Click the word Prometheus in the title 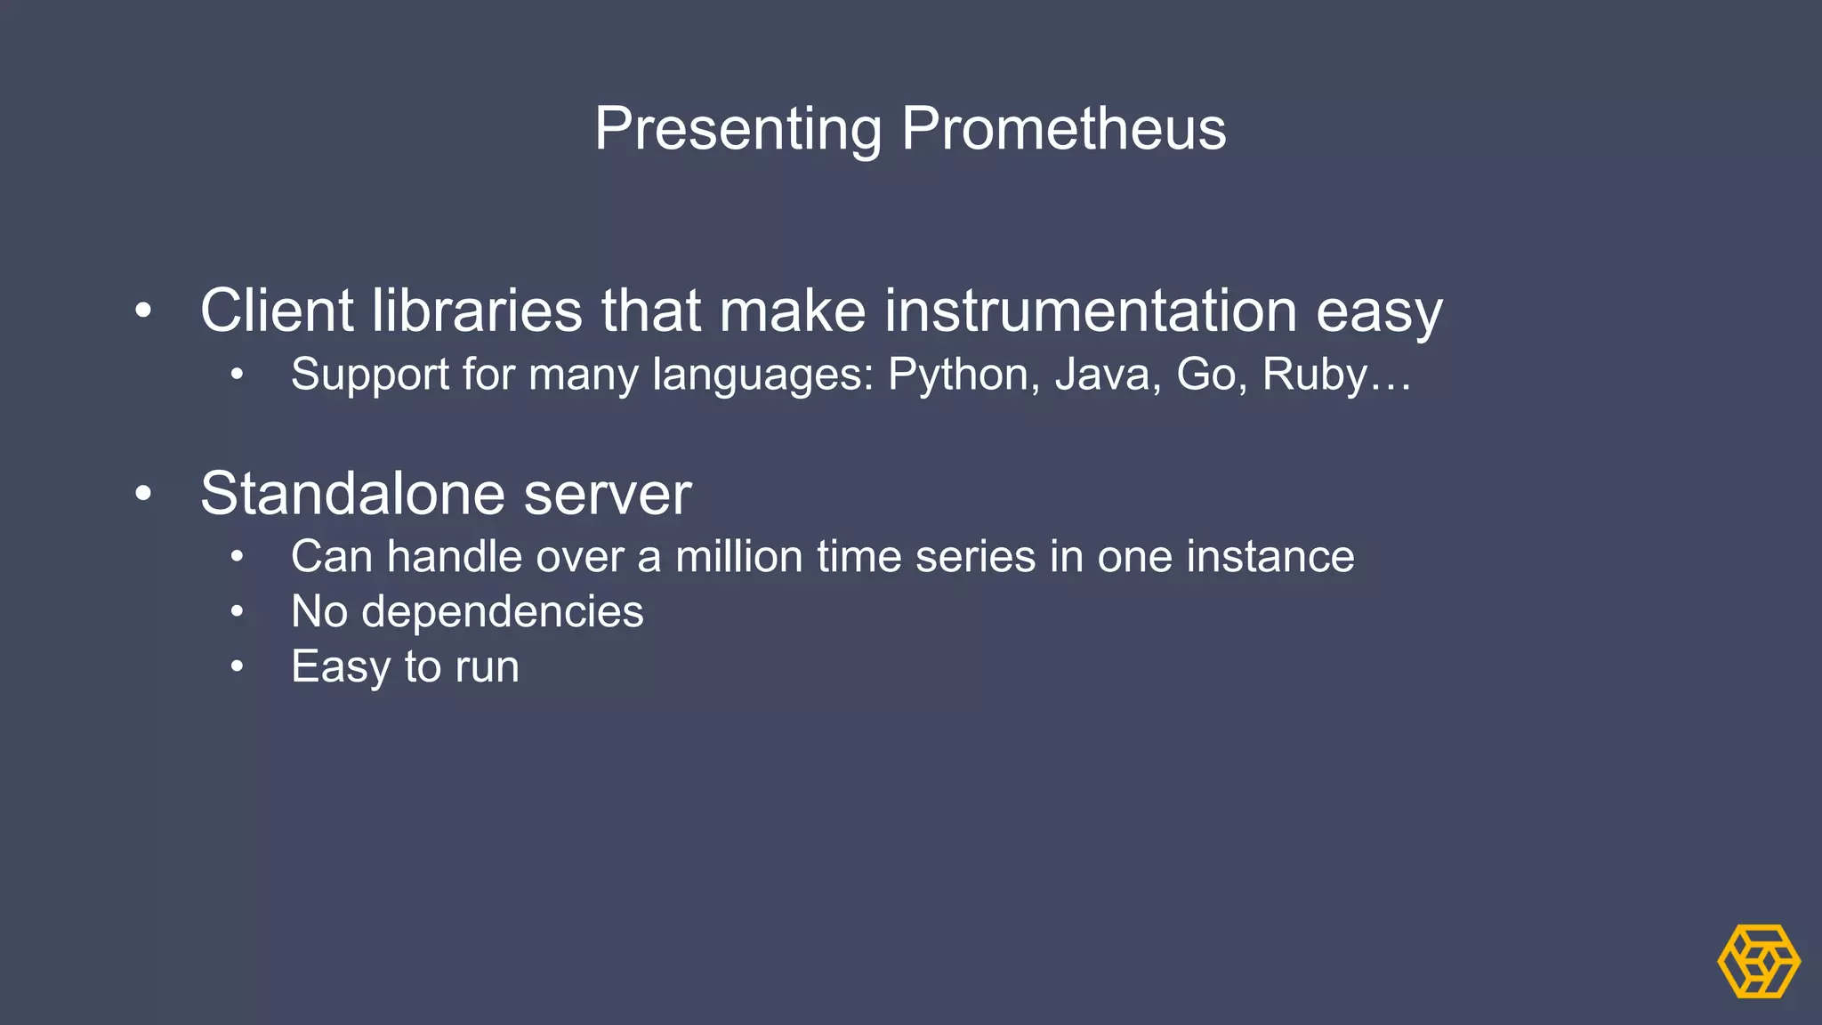pyautogui.click(x=1063, y=129)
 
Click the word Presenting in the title pyautogui.click(x=738, y=129)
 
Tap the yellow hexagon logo pyautogui.click(x=1758, y=961)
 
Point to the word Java pyautogui.click(x=1107, y=375)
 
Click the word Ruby pyautogui.click(x=1314, y=375)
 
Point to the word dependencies pyautogui.click(x=502, y=612)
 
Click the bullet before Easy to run pyautogui.click(x=237, y=666)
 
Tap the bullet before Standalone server pyautogui.click(x=143, y=494)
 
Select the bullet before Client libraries pyautogui.click(x=143, y=311)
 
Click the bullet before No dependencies pyautogui.click(x=237, y=611)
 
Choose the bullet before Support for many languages pyautogui.click(x=237, y=375)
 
